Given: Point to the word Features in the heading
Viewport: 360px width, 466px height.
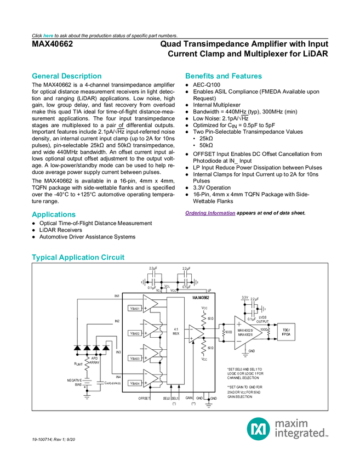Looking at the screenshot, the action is [x=247, y=76].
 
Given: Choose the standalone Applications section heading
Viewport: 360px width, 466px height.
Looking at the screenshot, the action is [x=53, y=215].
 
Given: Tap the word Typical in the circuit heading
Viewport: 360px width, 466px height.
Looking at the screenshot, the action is [x=43, y=257].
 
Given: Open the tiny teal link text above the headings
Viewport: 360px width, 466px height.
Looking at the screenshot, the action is [x=48, y=35].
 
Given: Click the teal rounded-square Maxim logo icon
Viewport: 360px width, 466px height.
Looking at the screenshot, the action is [x=258, y=428].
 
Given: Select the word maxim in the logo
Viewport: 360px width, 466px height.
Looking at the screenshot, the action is [x=292, y=423].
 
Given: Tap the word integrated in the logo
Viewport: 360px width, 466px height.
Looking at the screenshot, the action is [x=299, y=434].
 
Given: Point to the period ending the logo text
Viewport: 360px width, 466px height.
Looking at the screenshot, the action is [x=328, y=436].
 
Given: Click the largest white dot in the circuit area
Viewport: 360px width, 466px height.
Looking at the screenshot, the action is [x=171, y=336].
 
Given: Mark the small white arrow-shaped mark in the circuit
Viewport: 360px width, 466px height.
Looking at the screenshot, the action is [x=258, y=327].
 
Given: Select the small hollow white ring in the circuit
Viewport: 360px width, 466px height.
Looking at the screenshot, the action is [x=254, y=298].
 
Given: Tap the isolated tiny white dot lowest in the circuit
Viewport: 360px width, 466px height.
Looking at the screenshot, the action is [x=100, y=383].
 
